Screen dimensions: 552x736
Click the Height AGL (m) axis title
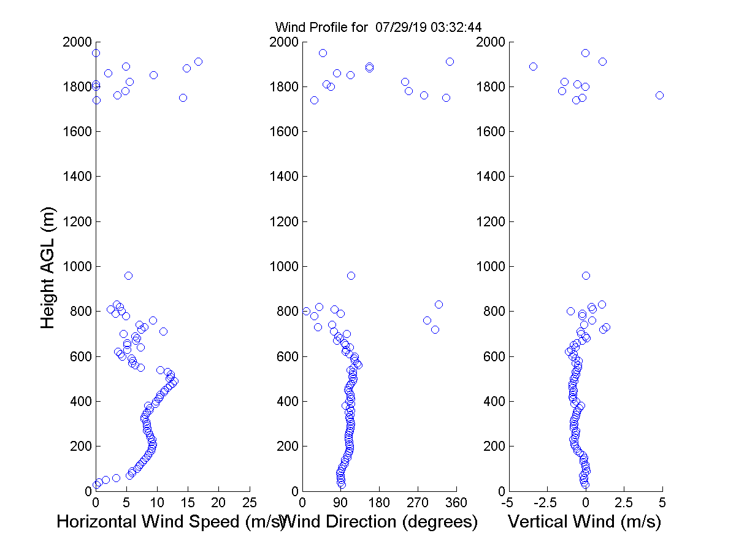[x=48, y=267]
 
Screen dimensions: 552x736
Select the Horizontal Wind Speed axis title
[x=171, y=522]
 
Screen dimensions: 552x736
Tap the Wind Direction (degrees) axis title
[x=380, y=522]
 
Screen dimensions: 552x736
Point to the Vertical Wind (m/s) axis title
[x=585, y=522]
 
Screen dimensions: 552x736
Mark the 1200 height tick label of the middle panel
[x=283, y=221]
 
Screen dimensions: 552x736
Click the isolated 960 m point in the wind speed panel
[x=128, y=275]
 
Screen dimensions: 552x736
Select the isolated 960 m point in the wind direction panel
[x=351, y=275]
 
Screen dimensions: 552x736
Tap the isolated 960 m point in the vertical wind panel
[x=586, y=275]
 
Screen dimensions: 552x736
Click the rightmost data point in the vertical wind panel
[x=659, y=95]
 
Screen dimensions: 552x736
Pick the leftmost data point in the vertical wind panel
[x=533, y=66]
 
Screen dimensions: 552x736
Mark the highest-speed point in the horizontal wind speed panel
[x=198, y=61]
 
